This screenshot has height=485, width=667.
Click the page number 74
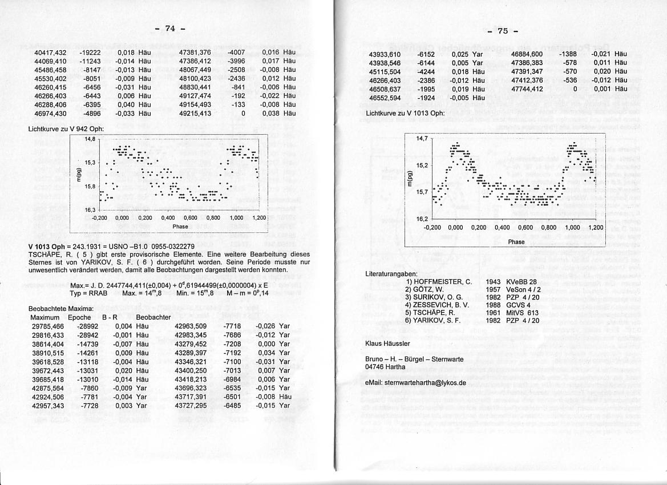pos(169,29)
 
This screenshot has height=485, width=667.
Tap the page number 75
pos(502,31)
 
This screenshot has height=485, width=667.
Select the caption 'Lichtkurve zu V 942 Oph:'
pos(66,129)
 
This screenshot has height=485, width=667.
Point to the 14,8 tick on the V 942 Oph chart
pos(90,139)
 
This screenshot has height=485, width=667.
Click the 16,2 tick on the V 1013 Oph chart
pos(422,219)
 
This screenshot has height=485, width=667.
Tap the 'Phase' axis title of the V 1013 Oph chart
pos(516,242)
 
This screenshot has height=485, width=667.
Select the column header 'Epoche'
pos(79,317)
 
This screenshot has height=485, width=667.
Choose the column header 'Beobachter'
pos(153,317)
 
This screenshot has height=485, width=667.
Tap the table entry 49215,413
pos(195,114)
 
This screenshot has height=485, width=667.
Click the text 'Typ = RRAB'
pos(88,293)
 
